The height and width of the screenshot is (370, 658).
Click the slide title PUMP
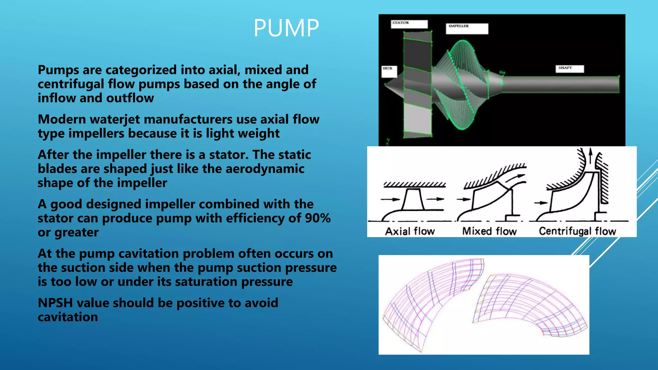click(286, 28)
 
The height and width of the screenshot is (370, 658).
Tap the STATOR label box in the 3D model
click(409, 24)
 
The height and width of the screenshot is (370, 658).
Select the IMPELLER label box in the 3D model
click(467, 28)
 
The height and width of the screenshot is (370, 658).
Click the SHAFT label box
click(569, 68)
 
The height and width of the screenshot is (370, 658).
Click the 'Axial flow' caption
click(410, 231)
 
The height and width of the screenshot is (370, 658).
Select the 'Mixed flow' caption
click(489, 231)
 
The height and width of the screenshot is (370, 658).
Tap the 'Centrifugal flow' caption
click(577, 231)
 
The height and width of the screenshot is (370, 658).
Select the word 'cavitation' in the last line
click(68, 317)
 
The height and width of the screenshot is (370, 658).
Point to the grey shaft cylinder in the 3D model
click(559, 84)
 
